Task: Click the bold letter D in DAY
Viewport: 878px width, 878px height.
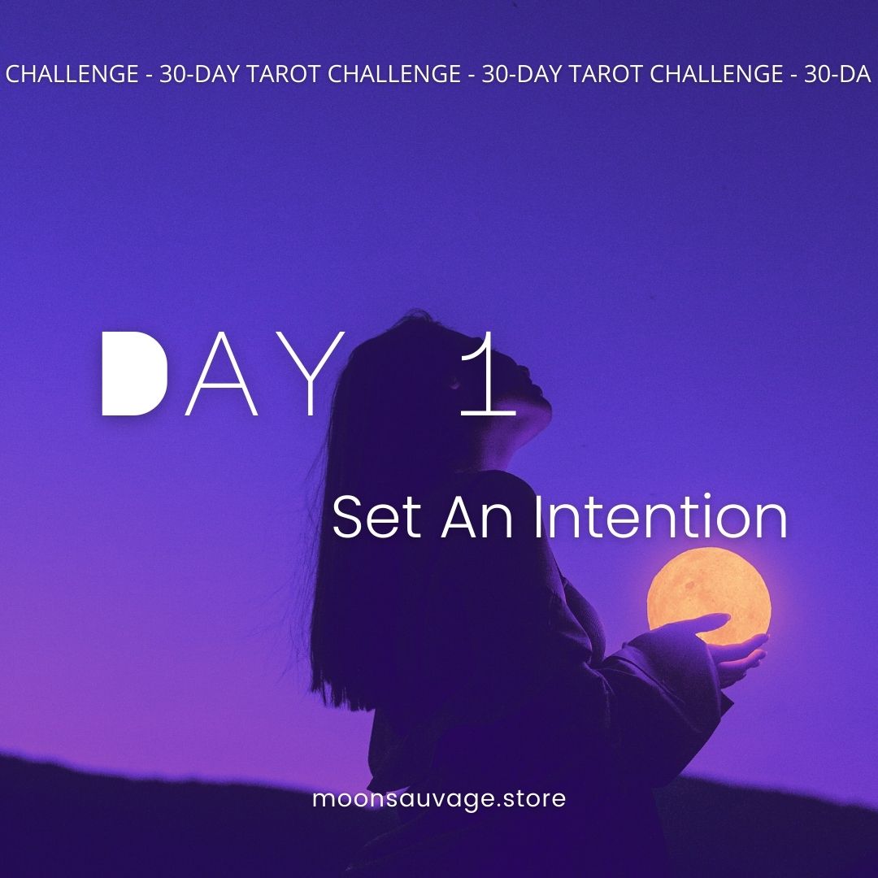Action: coord(133,374)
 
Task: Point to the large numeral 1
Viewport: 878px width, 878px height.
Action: coord(488,376)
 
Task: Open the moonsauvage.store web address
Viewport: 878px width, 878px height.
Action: coord(439,798)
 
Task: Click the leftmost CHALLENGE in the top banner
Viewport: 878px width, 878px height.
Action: coord(72,75)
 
